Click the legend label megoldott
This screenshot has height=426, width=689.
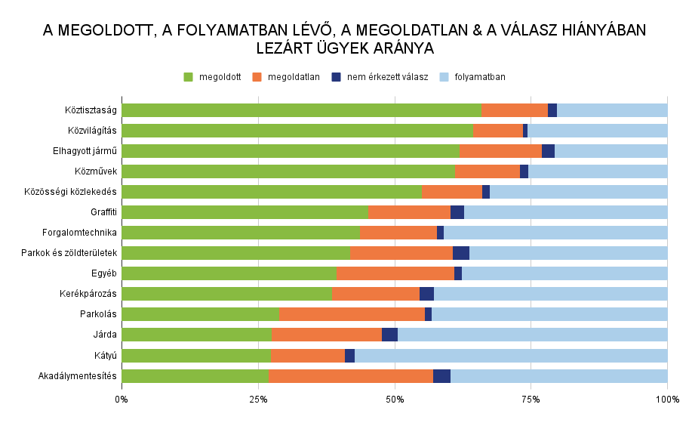(x=220, y=77)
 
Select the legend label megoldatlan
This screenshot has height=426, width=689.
(x=294, y=77)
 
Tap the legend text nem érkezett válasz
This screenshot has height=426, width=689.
(x=387, y=77)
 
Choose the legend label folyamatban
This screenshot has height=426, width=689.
(x=480, y=77)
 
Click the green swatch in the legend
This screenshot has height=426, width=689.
(x=189, y=77)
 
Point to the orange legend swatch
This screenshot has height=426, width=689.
(x=257, y=77)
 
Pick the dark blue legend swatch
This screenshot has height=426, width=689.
(x=337, y=77)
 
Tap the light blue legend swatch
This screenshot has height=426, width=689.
(x=444, y=77)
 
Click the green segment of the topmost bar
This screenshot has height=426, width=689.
(x=301, y=110)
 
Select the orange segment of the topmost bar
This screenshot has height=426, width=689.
(x=515, y=110)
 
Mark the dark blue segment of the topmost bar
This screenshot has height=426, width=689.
(x=552, y=110)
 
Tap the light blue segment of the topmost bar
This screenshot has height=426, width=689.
(x=612, y=110)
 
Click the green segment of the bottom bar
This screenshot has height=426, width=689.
(x=195, y=376)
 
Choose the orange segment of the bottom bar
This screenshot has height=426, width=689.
(x=351, y=376)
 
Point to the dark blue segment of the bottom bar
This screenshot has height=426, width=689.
(x=441, y=376)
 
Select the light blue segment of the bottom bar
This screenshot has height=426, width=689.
(x=558, y=376)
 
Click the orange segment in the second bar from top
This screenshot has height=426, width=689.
(x=498, y=131)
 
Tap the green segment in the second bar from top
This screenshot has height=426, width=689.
(x=297, y=131)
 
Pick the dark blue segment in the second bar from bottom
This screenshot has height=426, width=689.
(x=349, y=356)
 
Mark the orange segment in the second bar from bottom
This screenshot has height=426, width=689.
(x=308, y=356)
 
